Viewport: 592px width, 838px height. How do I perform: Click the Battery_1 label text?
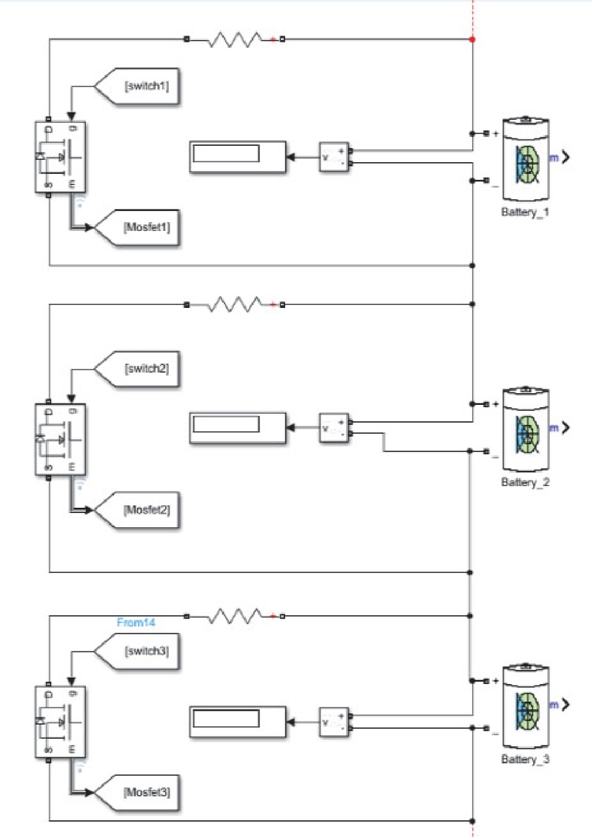[x=525, y=212]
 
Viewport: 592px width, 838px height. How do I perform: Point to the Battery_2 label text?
[x=525, y=482]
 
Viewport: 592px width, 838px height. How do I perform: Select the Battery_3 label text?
[x=525, y=760]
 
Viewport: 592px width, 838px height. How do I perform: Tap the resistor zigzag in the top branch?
[x=234, y=38]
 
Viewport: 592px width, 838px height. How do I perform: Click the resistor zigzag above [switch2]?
[x=234, y=304]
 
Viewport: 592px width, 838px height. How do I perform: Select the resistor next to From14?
[x=234, y=615]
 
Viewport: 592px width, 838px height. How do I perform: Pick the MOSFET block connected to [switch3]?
[x=61, y=721]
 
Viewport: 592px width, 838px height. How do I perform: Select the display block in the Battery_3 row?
[x=237, y=720]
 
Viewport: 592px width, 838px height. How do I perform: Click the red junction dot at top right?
[x=472, y=38]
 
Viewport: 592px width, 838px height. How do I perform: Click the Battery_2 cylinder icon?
[x=526, y=429]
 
